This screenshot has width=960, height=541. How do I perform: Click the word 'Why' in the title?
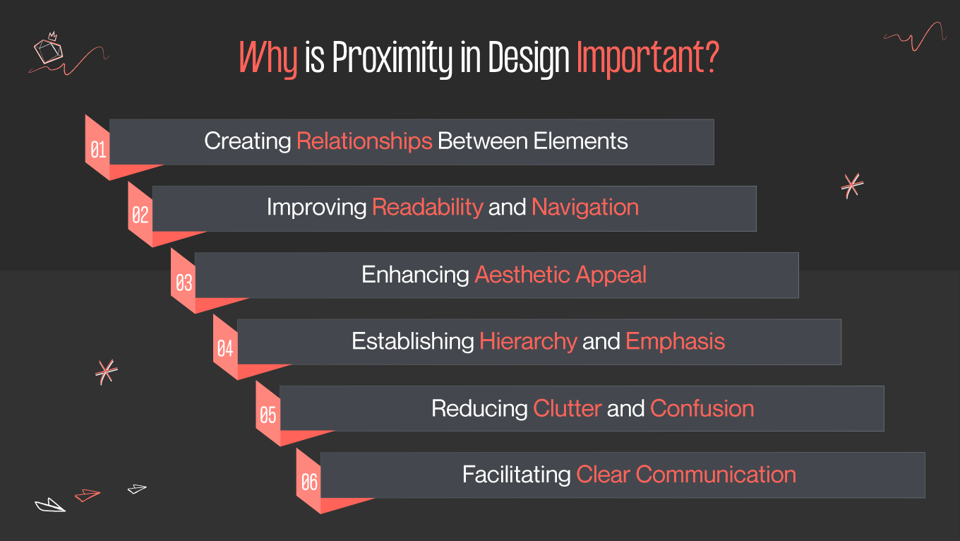pyautogui.click(x=268, y=58)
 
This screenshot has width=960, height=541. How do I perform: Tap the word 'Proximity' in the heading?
pyautogui.click(x=391, y=58)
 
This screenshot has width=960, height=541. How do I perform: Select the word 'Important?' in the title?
pyautogui.click(x=647, y=58)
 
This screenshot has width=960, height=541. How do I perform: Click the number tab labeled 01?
pyautogui.click(x=98, y=150)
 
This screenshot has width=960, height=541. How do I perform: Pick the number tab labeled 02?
pyautogui.click(x=140, y=215)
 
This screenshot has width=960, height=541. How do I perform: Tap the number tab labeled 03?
pyautogui.click(x=184, y=283)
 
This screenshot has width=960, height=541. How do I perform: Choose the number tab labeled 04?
pyautogui.click(x=225, y=348)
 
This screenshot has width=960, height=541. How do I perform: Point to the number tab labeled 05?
pyautogui.click(x=268, y=415)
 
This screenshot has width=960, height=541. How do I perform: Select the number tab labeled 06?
pyautogui.click(x=309, y=482)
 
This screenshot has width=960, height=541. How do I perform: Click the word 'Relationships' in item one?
pyautogui.click(x=364, y=141)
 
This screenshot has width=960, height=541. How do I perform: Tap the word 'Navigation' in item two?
pyautogui.click(x=585, y=208)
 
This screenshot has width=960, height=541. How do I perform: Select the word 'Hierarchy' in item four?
pyautogui.click(x=528, y=342)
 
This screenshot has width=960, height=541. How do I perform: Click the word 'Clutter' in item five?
pyautogui.click(x=568, y=408)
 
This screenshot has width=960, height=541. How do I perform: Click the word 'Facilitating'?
pyautogui.click(x=516, y=474)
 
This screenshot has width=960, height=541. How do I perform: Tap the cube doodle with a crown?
pyautogui.click(x=48, y=49)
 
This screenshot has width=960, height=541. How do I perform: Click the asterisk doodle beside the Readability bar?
pyautogui.click(x=852, y=185)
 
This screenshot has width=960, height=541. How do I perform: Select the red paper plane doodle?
pyautogui.click(x=88, y=495)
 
